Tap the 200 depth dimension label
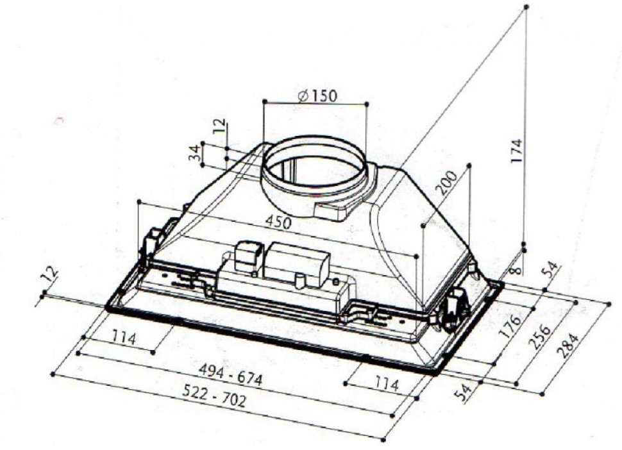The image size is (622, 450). pos(446,183)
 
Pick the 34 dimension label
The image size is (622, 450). pos(194,154)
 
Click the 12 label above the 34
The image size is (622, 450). pos(219,126)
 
